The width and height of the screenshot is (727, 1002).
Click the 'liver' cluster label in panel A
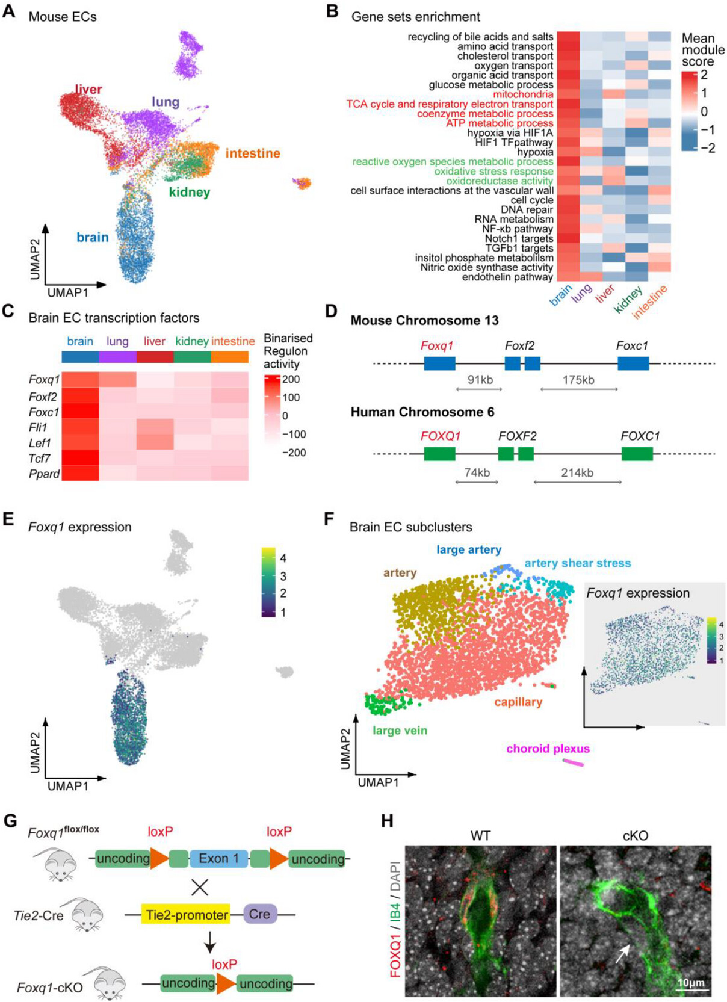click(88, 90)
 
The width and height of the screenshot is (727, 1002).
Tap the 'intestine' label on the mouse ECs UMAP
click(253, 153)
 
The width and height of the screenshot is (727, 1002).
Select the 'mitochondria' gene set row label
click(522, 94)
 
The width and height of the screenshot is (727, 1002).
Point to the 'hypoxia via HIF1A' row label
click(510, 133)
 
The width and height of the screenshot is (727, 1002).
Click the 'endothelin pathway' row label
click(507, 277)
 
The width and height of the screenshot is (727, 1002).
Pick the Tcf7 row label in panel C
click(40, 459)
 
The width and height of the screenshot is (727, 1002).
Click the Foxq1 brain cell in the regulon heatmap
click(80, 380)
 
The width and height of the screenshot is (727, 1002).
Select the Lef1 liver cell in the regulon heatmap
click(155, 443)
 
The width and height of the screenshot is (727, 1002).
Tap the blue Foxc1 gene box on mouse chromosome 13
click(633, 363)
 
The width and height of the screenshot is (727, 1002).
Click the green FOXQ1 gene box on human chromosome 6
click(439, 453)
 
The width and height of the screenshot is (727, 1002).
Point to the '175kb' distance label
click(578, 380)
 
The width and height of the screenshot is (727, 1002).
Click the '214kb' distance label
click(577, 473)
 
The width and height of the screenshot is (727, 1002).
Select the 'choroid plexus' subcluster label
click(548, 749)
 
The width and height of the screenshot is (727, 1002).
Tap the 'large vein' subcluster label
click(400, 731)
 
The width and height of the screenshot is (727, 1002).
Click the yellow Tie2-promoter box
click(187, 915)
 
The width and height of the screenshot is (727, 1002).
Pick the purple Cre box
click(259, 914)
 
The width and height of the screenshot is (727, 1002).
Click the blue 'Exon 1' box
click(218, 859)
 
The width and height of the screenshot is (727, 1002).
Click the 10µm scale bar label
click(691, 983)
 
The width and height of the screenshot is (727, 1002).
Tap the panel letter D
click(331, 311)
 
